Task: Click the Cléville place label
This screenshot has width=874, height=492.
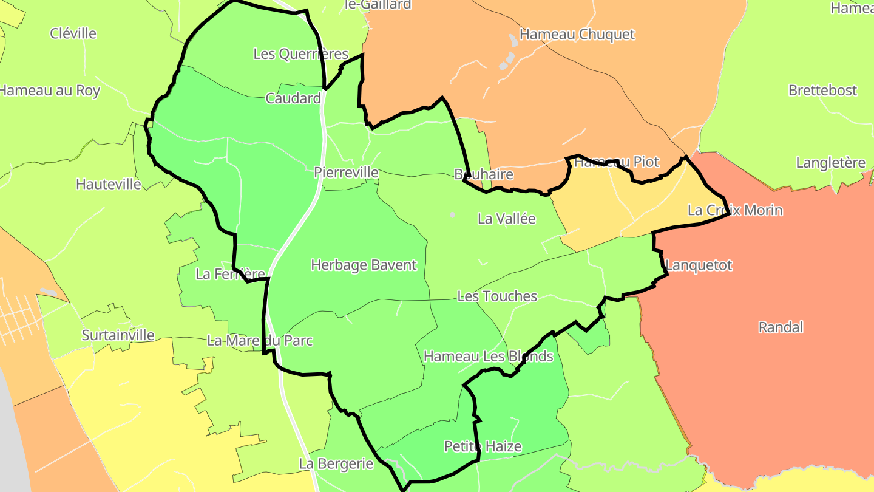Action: click(x=73, y=33)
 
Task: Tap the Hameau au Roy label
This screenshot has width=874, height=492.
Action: click(x=50, y=91)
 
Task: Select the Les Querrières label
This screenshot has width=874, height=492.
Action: click(x=300, y=54)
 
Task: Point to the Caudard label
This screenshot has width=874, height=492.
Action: click(x=293, y=98)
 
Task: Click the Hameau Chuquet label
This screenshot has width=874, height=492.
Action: click(x=577, y=34)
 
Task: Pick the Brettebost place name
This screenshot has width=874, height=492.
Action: click(x=822, y=91)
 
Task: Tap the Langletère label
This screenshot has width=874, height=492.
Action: click(x=830, y=163)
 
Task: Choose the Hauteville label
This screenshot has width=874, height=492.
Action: click(x=109, y=184)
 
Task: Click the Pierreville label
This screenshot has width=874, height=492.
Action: click(x=346, y=173)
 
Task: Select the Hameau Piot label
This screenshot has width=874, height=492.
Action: click(x=616, y=162)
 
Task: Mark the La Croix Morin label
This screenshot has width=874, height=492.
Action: click(x=735, y=210)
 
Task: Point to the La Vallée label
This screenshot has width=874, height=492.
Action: click(x=507, y=219)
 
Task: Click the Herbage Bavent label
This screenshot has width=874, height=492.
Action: click(x=364, y=265)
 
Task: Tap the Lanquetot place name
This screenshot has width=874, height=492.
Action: click(x=699, y=265)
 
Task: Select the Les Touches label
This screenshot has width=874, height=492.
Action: click(x=497, y=296)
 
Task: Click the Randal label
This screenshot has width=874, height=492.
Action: click(x=781, y=327)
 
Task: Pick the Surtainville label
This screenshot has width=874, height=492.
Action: click(x=118, y=335)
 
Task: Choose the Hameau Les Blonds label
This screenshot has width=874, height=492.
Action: click(x=489, y=356)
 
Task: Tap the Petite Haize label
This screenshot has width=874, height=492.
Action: click(x=483, y=446)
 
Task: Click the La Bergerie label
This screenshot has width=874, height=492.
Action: click(x=336, y=464)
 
